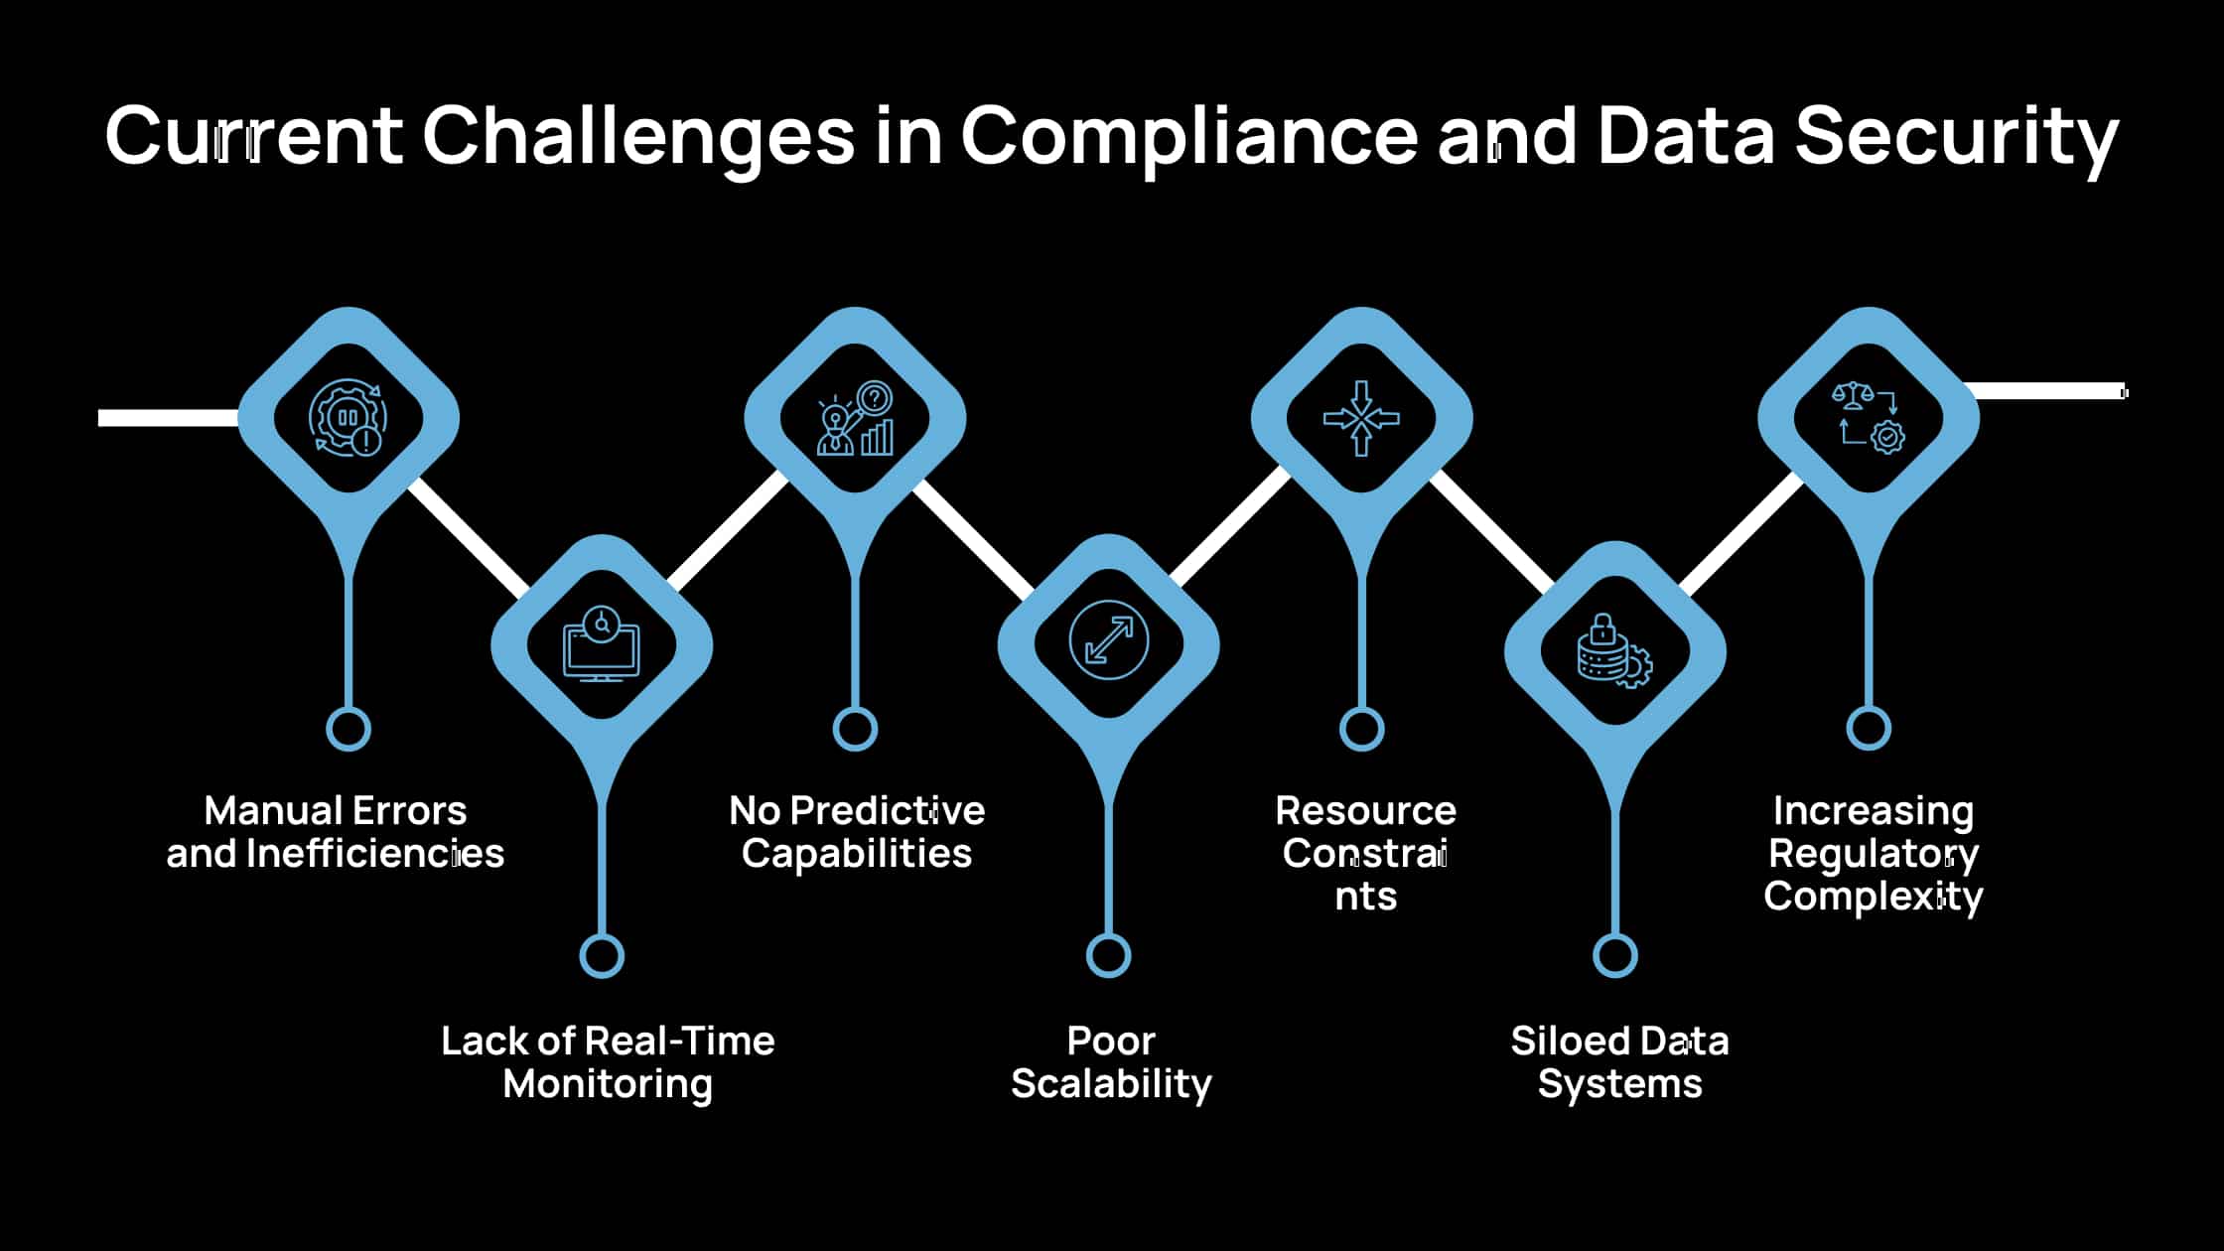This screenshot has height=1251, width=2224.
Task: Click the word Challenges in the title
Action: (x=637, y=135)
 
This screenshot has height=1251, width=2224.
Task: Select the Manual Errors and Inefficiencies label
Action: (x=336, y=832)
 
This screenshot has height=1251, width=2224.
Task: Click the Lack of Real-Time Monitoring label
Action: (x=608, y=1062)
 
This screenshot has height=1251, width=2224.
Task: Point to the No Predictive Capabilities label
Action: (x=857, y=832)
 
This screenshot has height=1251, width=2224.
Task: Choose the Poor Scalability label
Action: (x=1111, y=1062)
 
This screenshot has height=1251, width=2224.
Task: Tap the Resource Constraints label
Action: (x=1365, y=853)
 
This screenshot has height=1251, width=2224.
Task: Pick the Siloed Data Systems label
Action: (x=1619, y=1062)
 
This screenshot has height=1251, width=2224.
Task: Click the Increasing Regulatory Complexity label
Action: (x=1874, y=853)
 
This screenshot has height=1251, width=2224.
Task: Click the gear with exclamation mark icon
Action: (x=348, y=418)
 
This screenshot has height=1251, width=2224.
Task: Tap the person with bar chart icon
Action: (x=855, y=418)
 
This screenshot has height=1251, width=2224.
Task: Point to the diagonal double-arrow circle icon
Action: (x=1109, y=640)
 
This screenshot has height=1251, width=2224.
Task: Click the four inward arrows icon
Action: (x=1361, y=418)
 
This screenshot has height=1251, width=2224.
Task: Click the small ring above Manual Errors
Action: (x=348, y=729)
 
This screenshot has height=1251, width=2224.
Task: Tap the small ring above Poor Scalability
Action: (x=1109, y=956)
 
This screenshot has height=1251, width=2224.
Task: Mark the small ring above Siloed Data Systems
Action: (x=1615, y=956)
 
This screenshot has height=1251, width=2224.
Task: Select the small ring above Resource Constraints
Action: (x=1361, y=729)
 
